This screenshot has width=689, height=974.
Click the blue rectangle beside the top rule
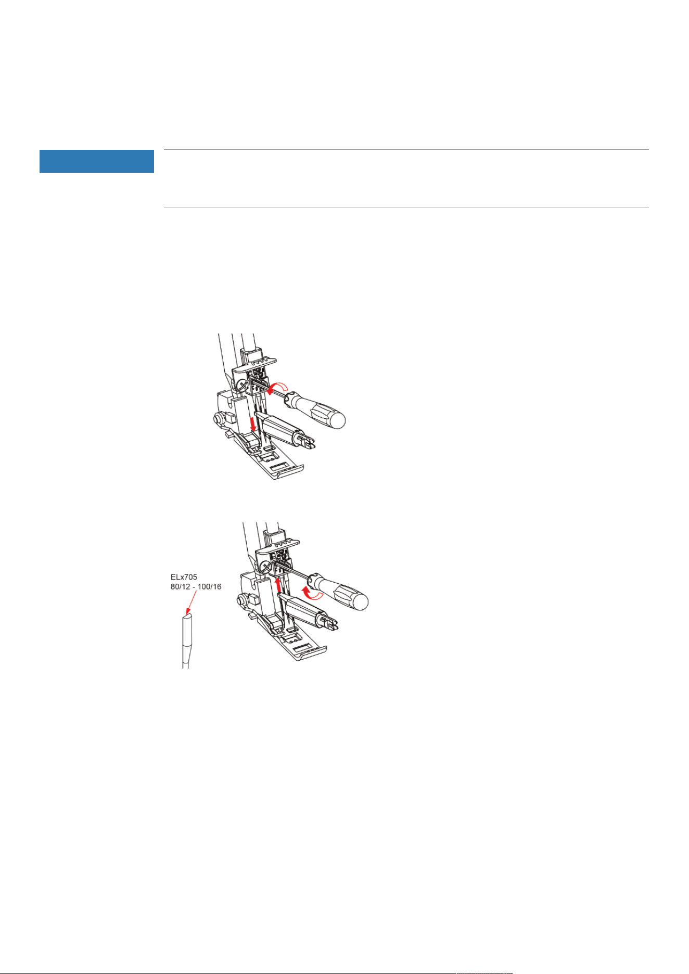click(97, 161)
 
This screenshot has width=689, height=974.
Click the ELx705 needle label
click(184, 577)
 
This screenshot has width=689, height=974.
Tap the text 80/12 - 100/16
click(196, 587)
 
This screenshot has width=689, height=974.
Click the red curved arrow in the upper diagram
click(276, 387)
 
